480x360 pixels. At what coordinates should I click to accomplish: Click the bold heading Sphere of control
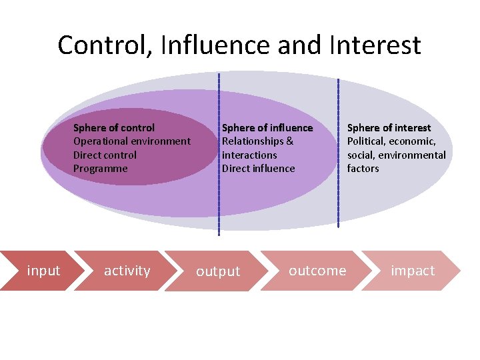(114, 127)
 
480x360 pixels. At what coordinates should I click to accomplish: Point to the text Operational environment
(131, 141)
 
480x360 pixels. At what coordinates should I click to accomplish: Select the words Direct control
(105, 155)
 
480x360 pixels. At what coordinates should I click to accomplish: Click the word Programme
(100, 169)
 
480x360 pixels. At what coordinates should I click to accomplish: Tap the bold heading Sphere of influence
(267, 127)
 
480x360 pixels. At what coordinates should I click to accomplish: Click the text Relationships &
(257, 141)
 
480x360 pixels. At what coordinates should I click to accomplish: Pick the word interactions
(249, 155)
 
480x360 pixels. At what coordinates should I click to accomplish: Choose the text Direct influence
(258, 169)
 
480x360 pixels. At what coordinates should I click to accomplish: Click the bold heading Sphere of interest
(389, 127)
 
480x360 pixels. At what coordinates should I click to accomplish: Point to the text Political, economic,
(391, 141)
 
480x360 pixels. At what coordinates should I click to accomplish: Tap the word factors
(363, 169)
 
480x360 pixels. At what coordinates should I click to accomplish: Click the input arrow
(41, 271)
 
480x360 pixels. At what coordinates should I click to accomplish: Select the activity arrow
(127, 271)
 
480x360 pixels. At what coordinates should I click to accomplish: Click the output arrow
(218, 271)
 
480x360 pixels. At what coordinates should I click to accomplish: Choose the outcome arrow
(317, 271)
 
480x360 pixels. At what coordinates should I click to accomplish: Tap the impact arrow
(413, 271)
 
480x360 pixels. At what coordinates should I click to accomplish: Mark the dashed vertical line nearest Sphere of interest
(338, 153)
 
